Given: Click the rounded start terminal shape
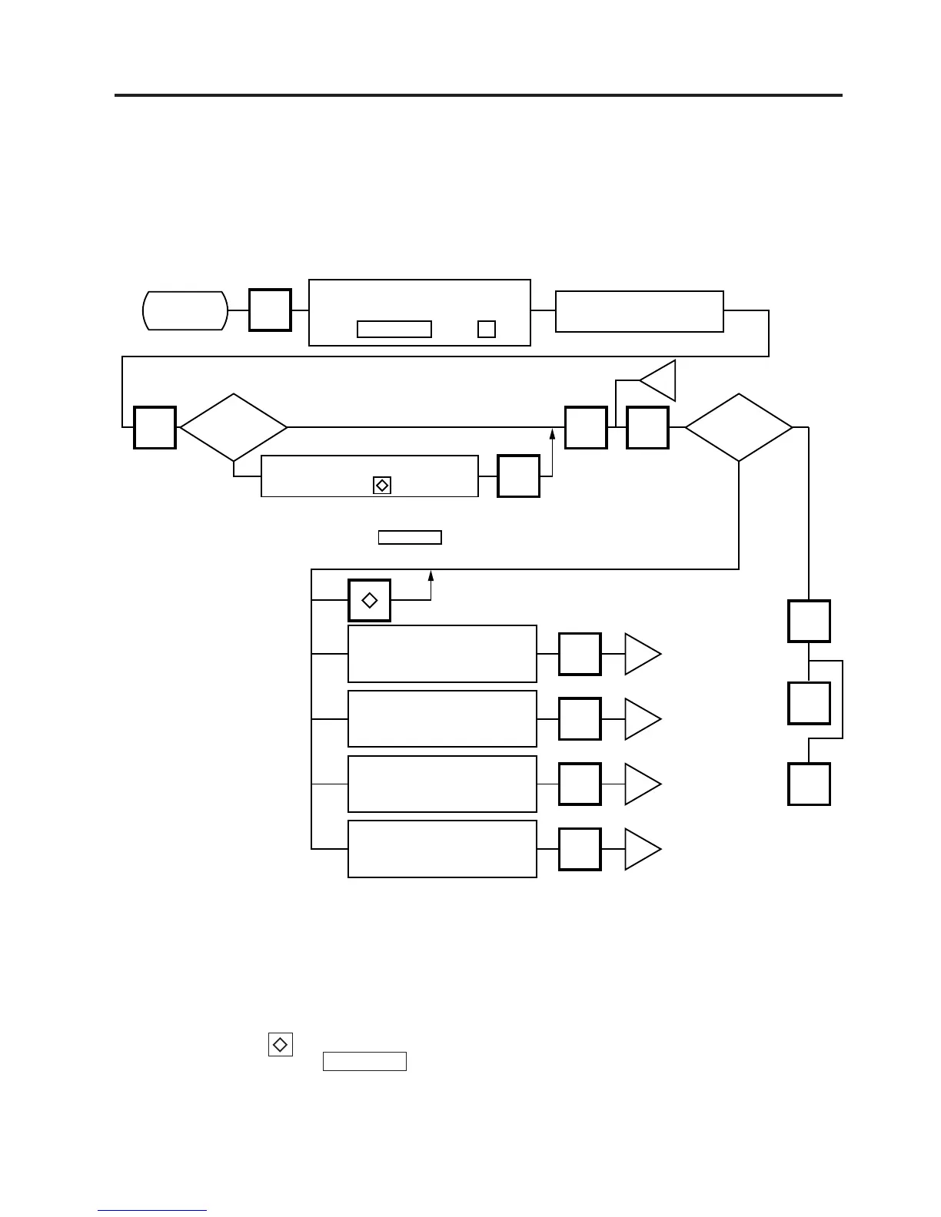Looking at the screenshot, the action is [x=185, y=310].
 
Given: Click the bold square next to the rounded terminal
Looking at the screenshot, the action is [x=270, y=310].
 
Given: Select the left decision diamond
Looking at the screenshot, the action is [x=233, y=427].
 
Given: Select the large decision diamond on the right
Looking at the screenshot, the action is [x=738, y=427].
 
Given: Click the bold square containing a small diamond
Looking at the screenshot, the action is [x=369, y=600].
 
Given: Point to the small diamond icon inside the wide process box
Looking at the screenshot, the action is [x=381, y=486].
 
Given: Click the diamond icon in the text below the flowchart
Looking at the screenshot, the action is [x=281, y=1045].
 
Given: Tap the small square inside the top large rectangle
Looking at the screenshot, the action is [x=486, y=329].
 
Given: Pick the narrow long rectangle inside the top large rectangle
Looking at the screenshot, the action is [x=394, y=329].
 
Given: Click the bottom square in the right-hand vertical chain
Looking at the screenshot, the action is [x=809, y=784].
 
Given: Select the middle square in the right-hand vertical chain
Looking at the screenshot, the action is [x=809, y=702].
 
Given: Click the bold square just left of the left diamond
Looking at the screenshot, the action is [x=155, y=427].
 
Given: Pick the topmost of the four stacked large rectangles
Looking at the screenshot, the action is [x=442, y=654].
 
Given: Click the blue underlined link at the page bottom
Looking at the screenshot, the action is [x=152, y=1211].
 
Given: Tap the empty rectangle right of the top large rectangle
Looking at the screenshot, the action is [x=639, y=311].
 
